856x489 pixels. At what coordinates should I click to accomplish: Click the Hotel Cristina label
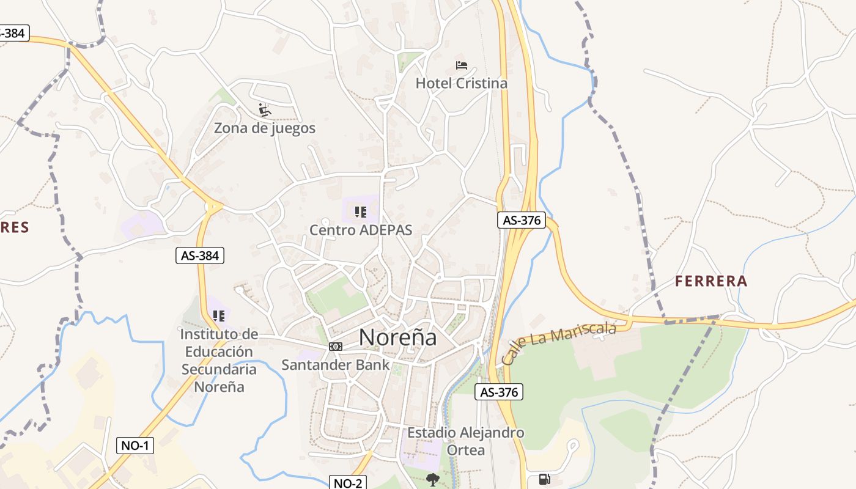(462, 83)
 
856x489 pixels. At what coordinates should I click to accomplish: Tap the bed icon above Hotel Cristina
(462, 65)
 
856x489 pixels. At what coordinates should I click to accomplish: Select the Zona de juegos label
(265, 128)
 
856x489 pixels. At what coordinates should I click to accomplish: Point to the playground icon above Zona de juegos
(265, 110)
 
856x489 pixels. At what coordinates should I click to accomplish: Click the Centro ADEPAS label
(361, 230)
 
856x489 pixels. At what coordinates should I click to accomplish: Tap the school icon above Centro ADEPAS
(361, 212)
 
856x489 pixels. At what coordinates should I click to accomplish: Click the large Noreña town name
(398, 337)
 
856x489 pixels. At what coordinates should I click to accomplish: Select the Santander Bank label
(335, 365)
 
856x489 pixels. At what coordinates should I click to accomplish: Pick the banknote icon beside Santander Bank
(336, 347)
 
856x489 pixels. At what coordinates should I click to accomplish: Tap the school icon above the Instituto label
(219, 316)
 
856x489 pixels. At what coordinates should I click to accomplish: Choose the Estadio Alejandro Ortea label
(466, 441)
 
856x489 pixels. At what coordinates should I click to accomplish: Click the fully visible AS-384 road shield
(201, 256)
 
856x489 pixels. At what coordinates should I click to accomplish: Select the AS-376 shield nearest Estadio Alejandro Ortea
(500, 392)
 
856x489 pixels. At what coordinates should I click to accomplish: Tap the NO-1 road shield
(135, 446)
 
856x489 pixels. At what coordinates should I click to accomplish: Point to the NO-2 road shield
(348, 483)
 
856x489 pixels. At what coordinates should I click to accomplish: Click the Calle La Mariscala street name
(559, 344)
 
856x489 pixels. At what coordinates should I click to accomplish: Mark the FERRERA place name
(711, 281)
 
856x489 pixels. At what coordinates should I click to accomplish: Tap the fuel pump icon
(544, 479)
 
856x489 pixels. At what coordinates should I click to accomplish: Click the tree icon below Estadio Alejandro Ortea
(433, 479)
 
